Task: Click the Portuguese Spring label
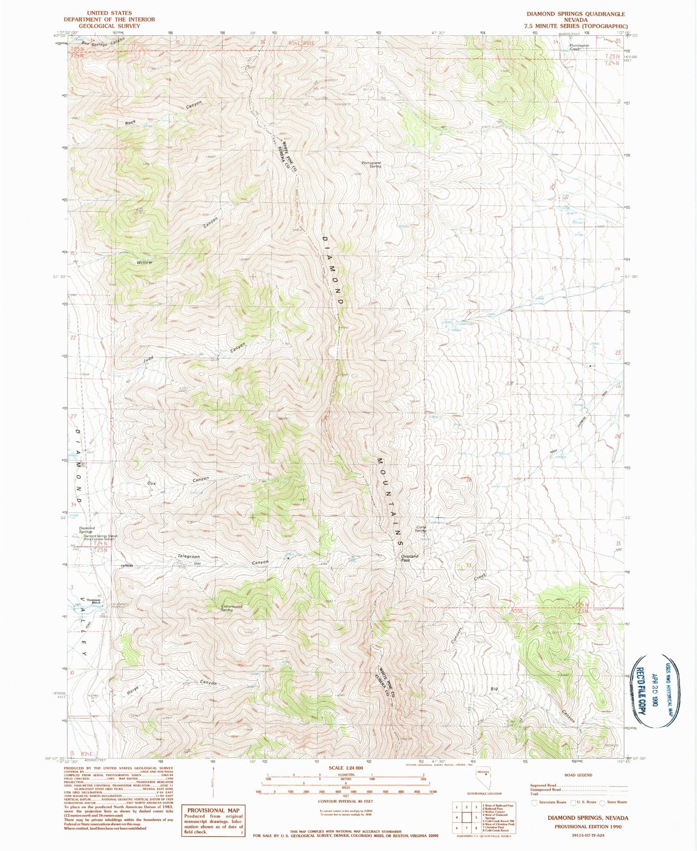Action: (372, 165)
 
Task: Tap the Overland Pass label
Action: (409, 558)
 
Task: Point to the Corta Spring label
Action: (420, 529)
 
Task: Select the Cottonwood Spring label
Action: (232, 608)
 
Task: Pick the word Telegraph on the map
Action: (189, 556)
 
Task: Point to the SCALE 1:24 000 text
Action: (346, 768)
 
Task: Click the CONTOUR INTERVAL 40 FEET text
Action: (345, 801)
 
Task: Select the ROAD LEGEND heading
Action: (578, 775)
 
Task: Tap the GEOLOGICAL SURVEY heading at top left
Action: (109, 26)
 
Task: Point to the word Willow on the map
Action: (144, 263)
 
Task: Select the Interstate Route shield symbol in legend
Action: (535, 802)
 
